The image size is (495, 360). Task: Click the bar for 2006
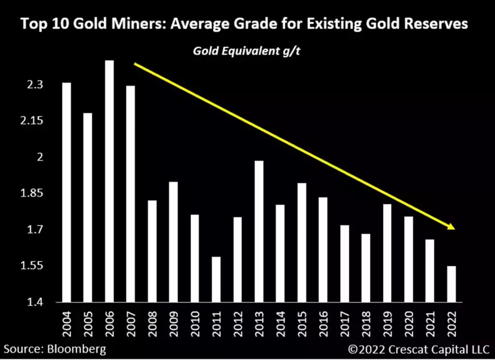point(109,181)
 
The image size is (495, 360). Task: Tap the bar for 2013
point(259,231)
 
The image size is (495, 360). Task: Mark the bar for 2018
point(365,268)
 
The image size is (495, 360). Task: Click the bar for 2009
point(173,242)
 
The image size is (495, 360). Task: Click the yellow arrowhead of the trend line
point(452,227)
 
